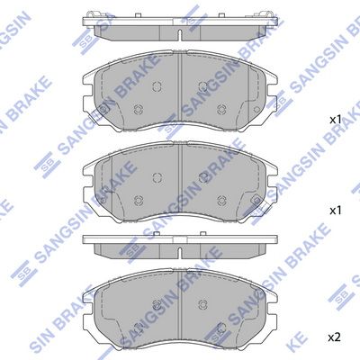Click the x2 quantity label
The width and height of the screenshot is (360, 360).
tap(334, 337)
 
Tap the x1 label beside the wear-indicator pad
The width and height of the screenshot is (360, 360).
tap(336, 211)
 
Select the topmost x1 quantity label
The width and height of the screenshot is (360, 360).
tap(336, 120)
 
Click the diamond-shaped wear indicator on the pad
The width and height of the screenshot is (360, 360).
tap(256, 200)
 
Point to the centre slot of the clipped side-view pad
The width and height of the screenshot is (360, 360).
tap(180, 35)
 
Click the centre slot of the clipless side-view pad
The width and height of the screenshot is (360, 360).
tap(180, 252)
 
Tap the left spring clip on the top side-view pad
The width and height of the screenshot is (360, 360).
tap(93, 14)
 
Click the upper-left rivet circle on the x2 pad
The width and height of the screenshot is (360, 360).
tap(157, 303)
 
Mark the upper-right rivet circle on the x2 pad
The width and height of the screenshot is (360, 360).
tap(203, 303)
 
